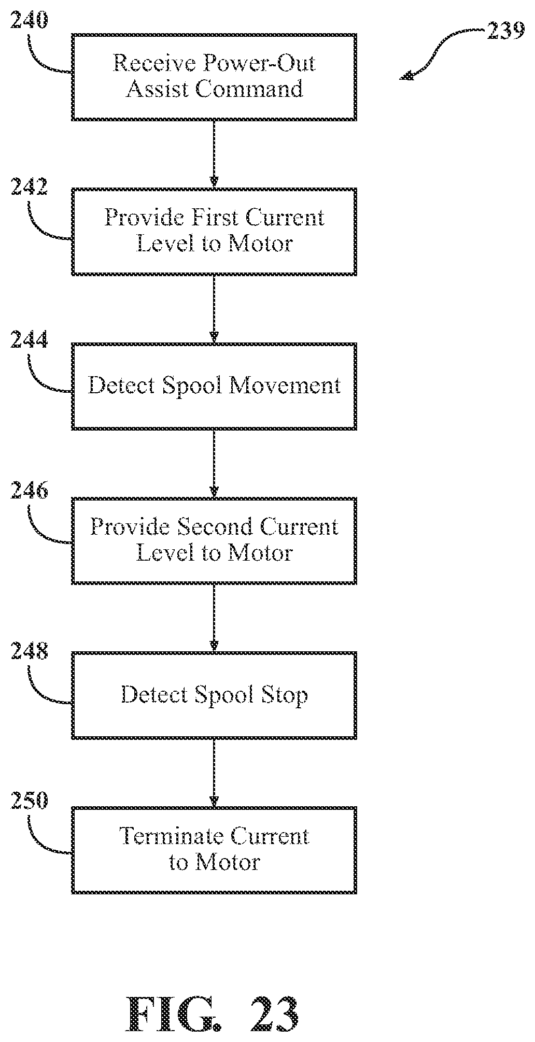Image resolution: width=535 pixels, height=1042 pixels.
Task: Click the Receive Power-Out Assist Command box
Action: (x=214, y=77)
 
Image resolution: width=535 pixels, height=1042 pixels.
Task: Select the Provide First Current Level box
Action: (x=214, y=231)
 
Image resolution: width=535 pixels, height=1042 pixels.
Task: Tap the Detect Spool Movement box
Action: (x=214, y=386)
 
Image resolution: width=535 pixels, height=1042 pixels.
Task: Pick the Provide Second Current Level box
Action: (x=214, y=540)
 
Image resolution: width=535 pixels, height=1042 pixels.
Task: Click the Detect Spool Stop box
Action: (x=214, y=695)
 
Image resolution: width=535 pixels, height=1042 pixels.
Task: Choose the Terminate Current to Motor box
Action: (x=214, y=850)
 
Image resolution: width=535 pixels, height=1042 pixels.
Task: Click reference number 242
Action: (x=29, y=187)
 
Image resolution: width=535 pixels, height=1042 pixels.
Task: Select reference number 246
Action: (x=29, y=491)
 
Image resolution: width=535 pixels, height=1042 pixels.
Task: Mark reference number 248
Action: (x=29, y=650)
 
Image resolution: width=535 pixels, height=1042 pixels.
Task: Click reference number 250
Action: (x=29, y=801)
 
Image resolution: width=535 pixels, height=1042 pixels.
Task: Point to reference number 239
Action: (x=505, y=32)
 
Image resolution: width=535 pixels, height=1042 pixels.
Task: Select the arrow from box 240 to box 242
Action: (x=214, y=154)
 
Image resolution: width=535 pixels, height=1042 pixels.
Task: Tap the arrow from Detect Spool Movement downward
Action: (x=214, y=464)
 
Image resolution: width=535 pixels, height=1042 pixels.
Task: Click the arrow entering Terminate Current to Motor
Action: (x=214, y=773)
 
